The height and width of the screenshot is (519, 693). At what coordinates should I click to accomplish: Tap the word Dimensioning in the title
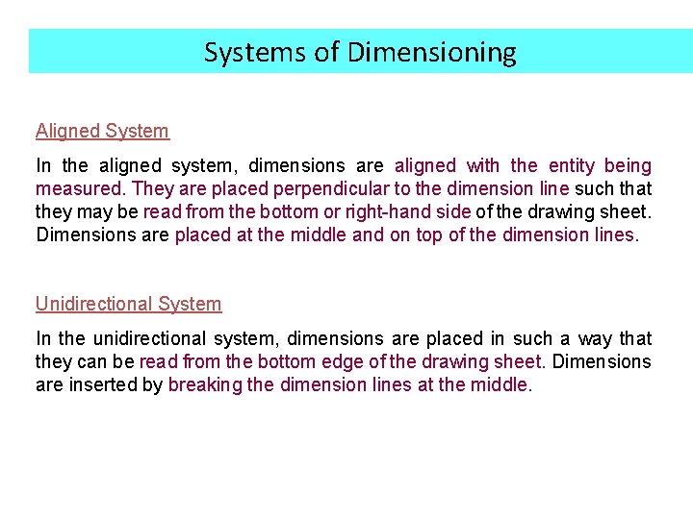(x=431, y=52)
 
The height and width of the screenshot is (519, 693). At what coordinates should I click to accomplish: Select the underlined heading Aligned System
(x=102, y=131)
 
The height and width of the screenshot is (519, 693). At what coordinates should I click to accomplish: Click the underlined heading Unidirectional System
(x=128, y=304)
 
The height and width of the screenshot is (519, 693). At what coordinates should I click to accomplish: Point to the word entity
(x=571, y=165)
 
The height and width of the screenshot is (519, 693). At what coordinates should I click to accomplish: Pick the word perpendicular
(x=327, y=188)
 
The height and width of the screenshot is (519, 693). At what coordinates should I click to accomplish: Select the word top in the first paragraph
(x=427, y=235)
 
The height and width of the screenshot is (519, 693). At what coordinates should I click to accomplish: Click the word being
(x=628, y=165)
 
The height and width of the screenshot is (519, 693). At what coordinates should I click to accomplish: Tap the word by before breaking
(x=152, y=384)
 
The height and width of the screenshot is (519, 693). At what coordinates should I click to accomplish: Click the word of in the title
(x=327, y=52)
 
